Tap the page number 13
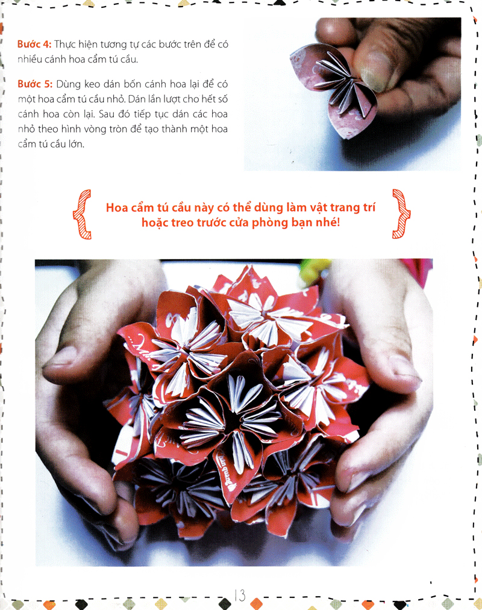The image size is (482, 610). [239, 596]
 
